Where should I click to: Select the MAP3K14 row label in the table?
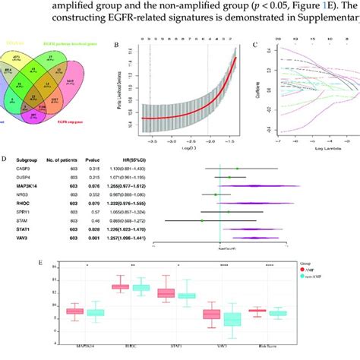pyautogui.click(x=29, y=187)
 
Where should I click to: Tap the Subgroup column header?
pyautogui.click(x=28, y=159)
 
